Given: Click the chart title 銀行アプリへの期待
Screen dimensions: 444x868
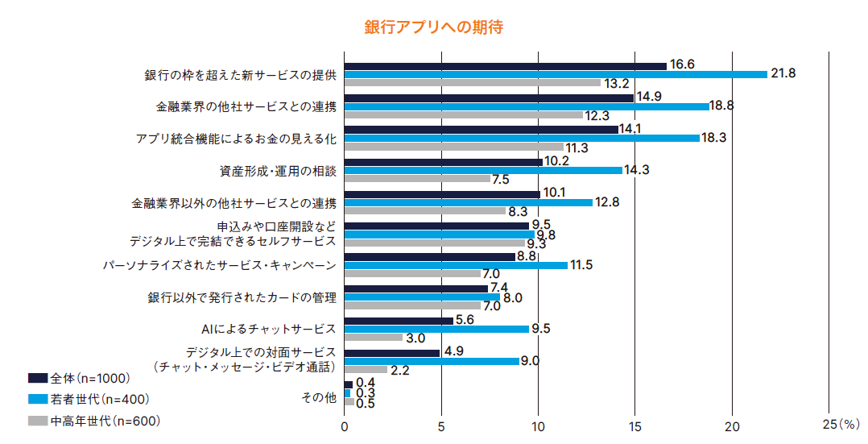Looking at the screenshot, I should click(433, 27).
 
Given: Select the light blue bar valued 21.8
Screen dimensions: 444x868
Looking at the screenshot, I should click(556, 74).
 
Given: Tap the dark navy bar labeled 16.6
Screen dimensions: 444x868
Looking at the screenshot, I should click(505, 65).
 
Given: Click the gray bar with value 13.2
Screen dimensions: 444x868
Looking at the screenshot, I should click(472, 83).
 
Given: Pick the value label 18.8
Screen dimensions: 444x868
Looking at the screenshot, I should click(721, 106).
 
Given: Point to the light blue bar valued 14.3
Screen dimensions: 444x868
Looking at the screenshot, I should click(483, 170).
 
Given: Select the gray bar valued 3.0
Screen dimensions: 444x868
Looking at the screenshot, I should click(373, 338).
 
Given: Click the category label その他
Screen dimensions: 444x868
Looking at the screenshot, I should click(319, 397).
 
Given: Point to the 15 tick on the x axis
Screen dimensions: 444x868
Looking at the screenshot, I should click(634, 426).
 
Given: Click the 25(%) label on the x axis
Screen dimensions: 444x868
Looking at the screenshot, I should click(841, 423).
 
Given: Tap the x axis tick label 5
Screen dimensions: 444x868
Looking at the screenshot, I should click(441, 426).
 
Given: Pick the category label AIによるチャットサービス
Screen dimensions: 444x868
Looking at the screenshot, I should click(268, 330).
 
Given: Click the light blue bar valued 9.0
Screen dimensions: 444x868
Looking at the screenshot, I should click(432, 361).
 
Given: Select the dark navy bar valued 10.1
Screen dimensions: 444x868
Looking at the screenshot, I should click(442, 194).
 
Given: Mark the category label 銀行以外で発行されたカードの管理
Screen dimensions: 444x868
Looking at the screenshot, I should click(242, 297).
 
